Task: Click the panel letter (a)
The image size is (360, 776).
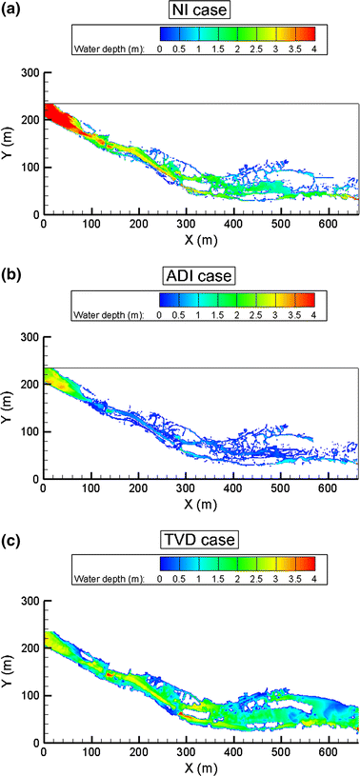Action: [x=13, y=10]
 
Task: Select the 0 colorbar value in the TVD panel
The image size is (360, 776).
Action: [x=160, y=568]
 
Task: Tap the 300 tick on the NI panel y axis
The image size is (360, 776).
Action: [x=30, y=73]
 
